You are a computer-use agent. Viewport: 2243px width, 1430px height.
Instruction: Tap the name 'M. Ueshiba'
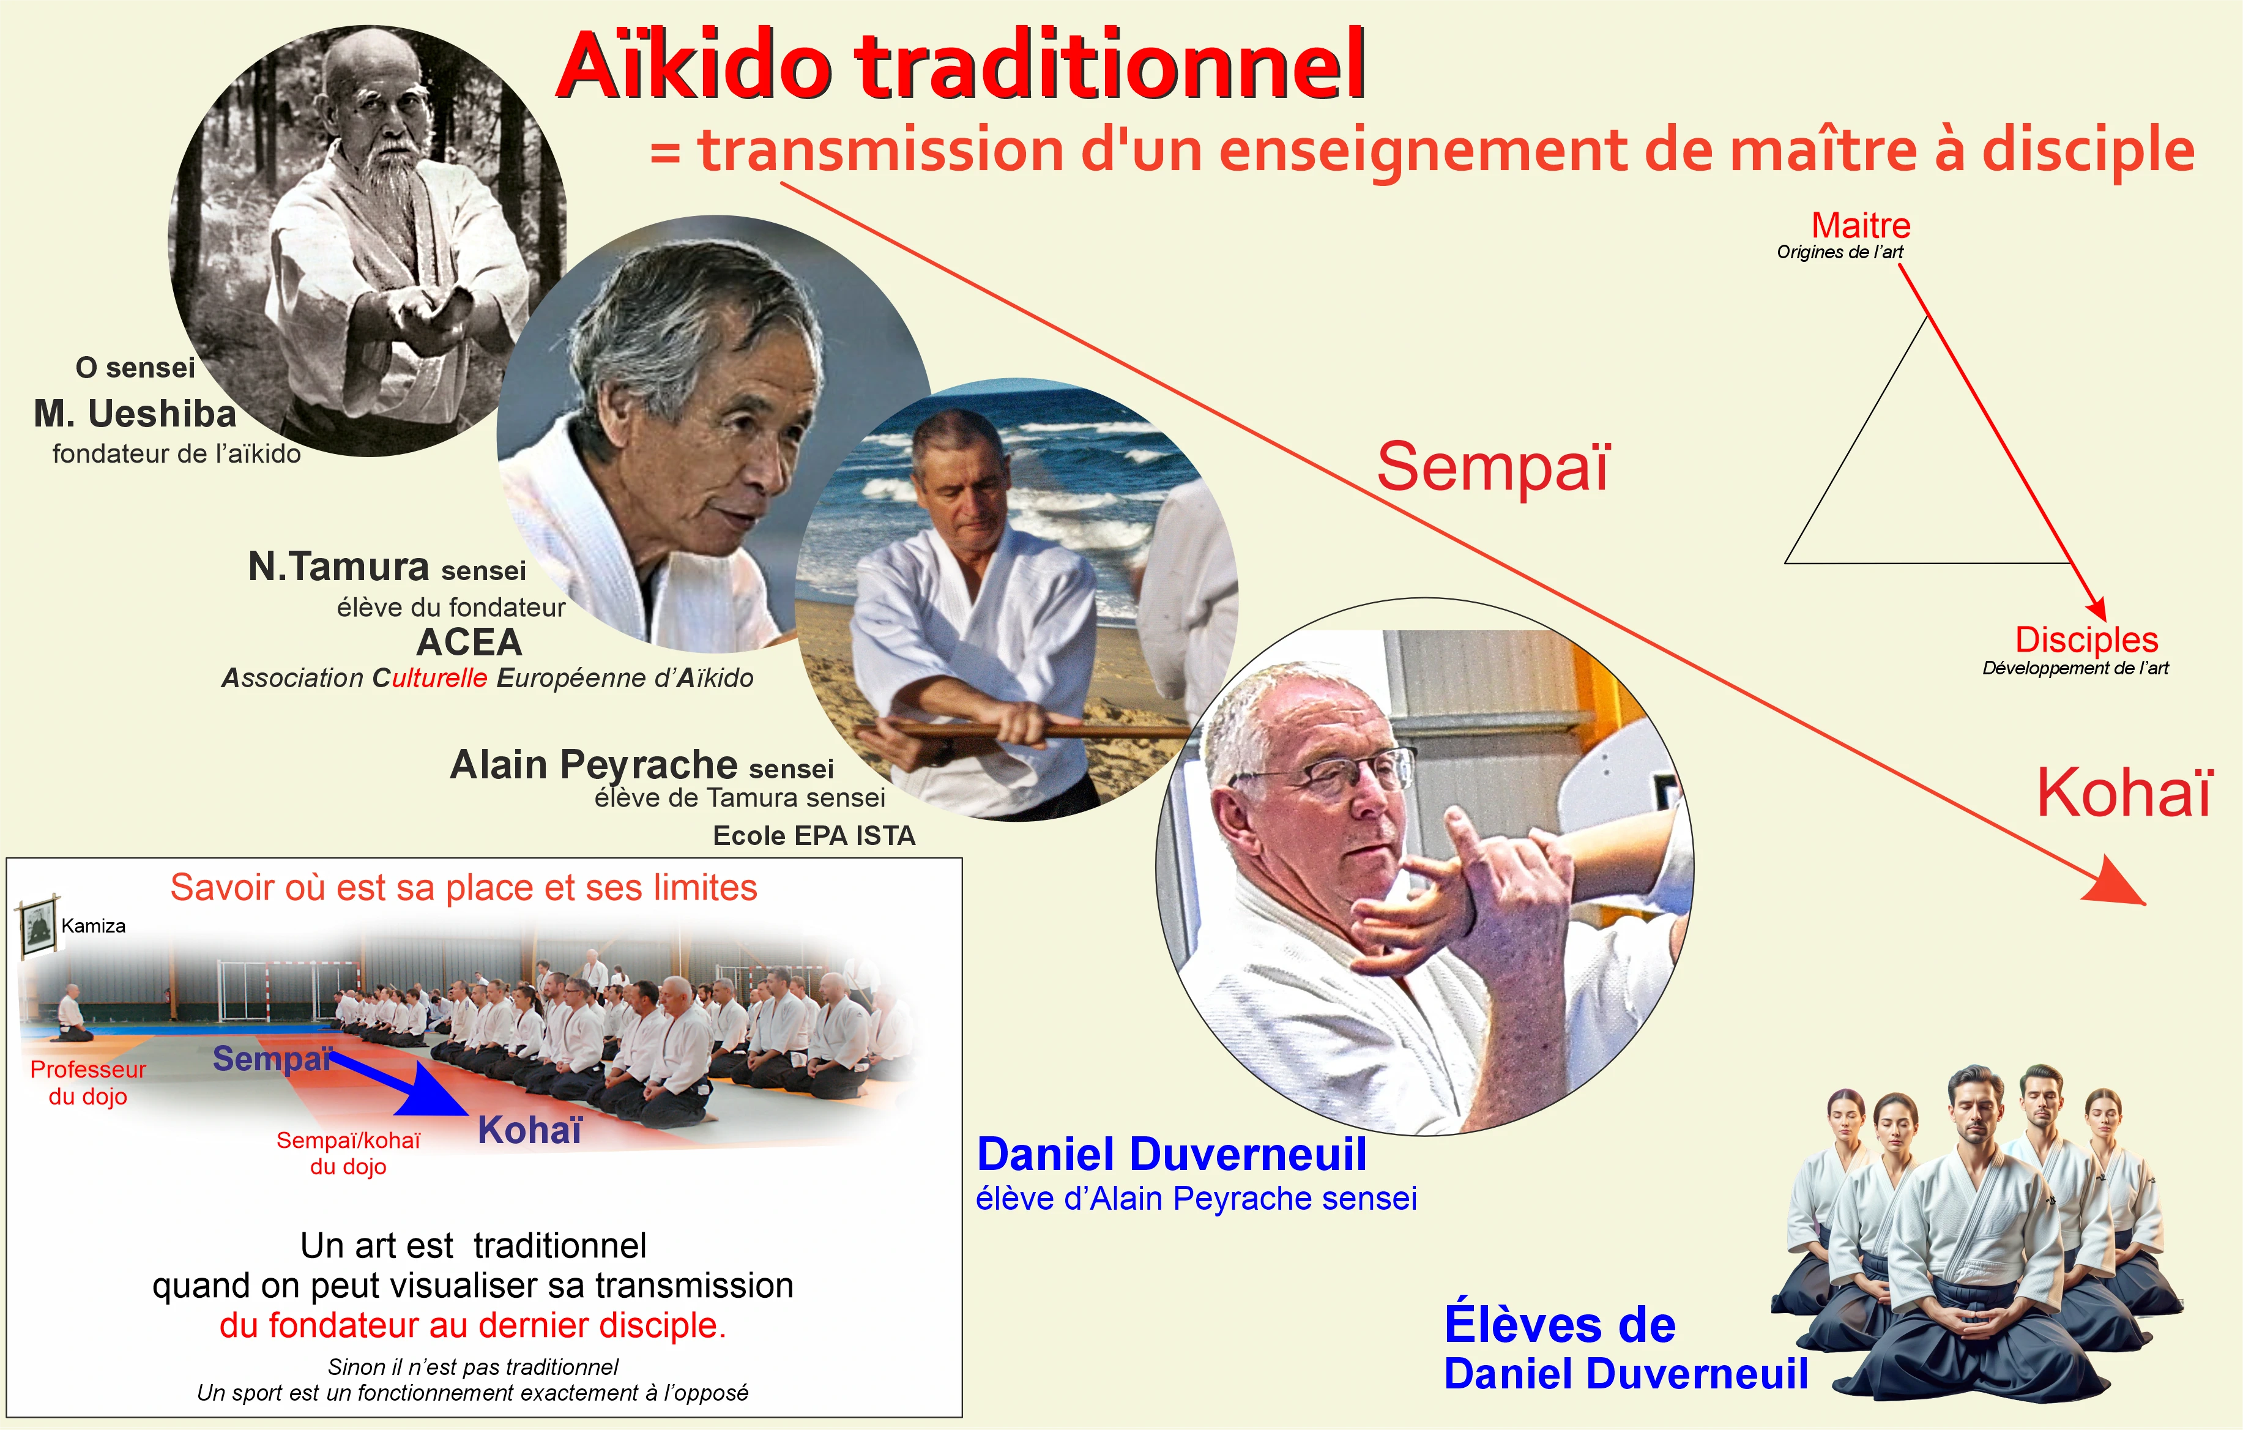click(x=135, y=414)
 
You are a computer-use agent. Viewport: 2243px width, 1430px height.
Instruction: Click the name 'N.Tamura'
click(x=338, y=567)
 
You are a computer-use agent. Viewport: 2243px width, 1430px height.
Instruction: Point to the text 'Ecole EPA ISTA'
click(x=814, y=836)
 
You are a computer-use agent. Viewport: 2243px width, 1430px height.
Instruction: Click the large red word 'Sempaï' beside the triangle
click(x=1493, y=467)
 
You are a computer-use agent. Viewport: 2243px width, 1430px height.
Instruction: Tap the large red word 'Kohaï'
click(x=2124, y=793)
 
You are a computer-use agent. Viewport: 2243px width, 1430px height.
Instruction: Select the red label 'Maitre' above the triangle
click(x=1860, y=225)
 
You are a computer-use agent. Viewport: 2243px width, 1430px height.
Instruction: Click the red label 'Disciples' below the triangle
click(x=2086, y=640)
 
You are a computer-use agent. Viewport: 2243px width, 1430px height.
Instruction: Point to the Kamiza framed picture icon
click(x=38, y=925)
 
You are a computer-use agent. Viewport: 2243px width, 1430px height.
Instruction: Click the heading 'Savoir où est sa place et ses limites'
click(x=464, y=888)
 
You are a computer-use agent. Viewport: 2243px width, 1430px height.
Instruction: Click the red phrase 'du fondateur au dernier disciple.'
click(x=473, y=1325)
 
